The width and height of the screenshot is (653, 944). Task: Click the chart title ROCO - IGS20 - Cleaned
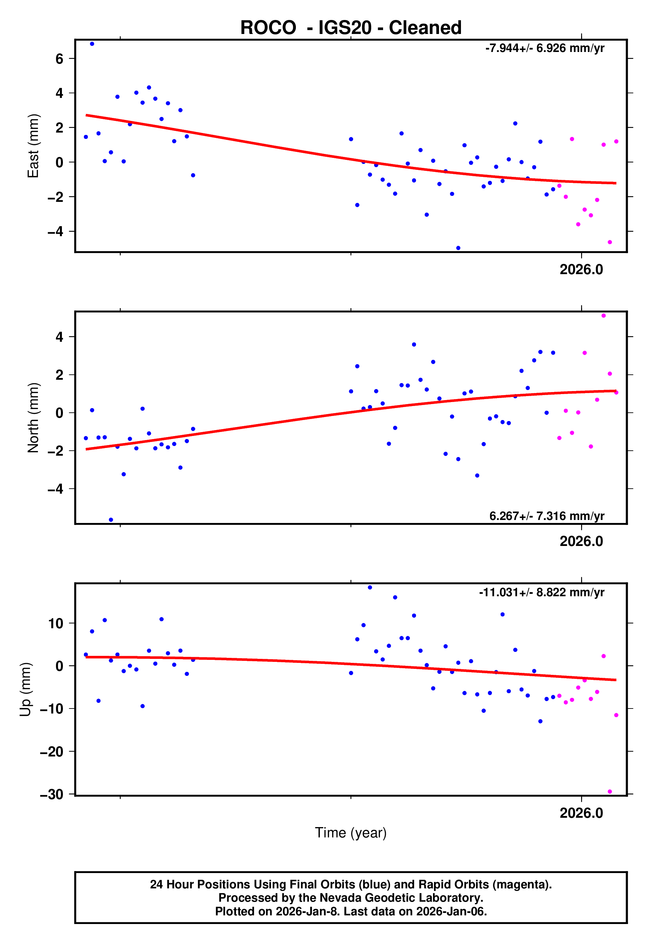click(351, 28)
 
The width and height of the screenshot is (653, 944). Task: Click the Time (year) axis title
click(351, 833)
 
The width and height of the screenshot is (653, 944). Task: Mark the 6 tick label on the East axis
click(59, 59)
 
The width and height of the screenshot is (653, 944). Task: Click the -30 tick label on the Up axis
click(52, 794)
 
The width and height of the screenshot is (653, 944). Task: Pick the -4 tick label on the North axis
click(56, 489)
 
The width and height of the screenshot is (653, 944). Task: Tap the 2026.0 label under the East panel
click(581, 269)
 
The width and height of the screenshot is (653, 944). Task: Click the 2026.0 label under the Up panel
click(581, 813)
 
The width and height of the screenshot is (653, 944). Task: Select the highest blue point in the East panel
click(92, 44)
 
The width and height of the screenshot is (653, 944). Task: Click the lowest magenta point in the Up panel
click(610, 791)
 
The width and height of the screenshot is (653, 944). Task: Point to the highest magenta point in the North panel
click(603, 316)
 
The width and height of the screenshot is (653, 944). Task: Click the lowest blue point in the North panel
click(111, 520)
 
